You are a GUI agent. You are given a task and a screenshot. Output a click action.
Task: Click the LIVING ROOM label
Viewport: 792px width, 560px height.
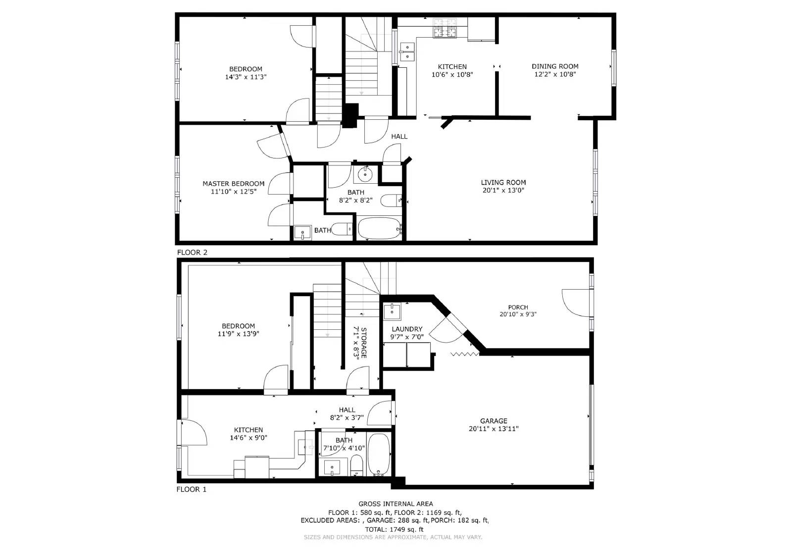click(503, 182)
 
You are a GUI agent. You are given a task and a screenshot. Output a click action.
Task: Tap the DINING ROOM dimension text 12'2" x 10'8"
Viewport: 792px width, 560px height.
click(555, 74)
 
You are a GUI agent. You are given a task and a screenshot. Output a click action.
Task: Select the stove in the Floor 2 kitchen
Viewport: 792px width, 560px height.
click(445, 29)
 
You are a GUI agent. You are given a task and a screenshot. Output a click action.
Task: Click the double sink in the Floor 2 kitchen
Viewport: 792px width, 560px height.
click(407, 51)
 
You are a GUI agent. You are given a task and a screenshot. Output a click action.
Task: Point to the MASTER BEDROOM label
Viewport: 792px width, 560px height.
click(233, 183)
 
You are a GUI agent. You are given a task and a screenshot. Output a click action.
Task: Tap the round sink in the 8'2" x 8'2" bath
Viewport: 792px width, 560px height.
click(365, 174)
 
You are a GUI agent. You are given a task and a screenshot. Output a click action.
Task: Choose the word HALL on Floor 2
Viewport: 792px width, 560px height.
click(399, 136)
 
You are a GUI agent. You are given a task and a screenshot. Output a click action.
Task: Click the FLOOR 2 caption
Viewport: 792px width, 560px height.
click(192, 252)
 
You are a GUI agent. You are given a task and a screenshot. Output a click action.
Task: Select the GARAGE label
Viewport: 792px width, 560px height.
click(494, 421)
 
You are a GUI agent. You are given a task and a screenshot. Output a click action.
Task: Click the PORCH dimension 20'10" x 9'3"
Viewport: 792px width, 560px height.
click(518, 314)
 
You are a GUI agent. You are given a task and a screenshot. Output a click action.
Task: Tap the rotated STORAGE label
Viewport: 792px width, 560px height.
click(363, 343)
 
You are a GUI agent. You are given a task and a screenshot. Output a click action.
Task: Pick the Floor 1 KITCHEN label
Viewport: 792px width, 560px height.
click(248, 430)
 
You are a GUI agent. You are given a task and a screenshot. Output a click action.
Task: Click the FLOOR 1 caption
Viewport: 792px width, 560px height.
click(191, 489)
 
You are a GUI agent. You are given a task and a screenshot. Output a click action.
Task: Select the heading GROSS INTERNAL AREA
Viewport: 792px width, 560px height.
click(396, 504)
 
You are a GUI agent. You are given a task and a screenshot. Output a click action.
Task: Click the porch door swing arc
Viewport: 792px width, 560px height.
click(574, 303)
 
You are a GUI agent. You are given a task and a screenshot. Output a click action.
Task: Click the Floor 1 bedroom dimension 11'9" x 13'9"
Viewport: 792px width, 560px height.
click(238, 334)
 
